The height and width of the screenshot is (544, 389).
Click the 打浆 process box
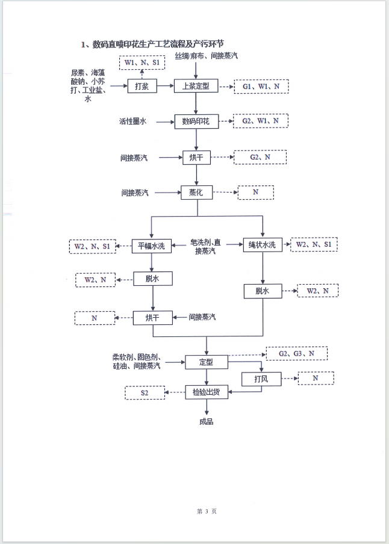[142, 87]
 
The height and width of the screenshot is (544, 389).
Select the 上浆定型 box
[195, 86]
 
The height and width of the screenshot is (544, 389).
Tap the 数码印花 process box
[195, 121]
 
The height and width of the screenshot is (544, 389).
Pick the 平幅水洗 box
[152, 246]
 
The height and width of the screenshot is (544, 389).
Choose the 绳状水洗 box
[262, 244]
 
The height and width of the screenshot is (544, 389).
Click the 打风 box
[261, 379]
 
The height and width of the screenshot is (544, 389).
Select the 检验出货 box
[207, 392]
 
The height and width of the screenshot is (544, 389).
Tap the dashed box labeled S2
[145, 393]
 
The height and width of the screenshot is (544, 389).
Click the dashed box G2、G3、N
[296, 354]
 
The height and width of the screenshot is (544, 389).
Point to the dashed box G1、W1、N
[261, 87]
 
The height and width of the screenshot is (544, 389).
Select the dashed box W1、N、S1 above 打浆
[142, 63]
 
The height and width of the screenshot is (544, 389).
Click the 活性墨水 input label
[132, 122]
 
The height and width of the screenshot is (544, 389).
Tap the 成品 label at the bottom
[206, 421]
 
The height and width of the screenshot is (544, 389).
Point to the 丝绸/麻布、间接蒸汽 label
[207, 56]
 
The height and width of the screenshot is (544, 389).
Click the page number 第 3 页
[206, 511]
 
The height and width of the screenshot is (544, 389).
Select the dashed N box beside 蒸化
[255, 193]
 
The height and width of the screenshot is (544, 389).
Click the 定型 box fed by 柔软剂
[207, 362]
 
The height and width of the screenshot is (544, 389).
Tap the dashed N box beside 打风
[315, 379]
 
